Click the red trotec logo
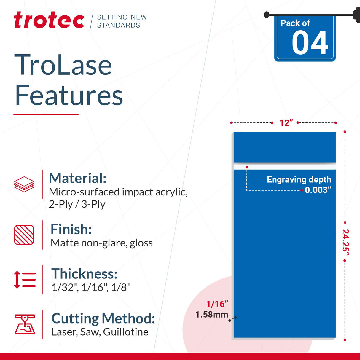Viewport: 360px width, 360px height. [49, 20]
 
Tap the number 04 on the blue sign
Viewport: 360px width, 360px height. [310, 43]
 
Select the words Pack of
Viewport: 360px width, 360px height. [295, 23]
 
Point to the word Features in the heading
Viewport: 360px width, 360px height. [69, 95]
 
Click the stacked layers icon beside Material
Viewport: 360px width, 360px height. [24, 184]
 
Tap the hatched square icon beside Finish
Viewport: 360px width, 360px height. [24, 235]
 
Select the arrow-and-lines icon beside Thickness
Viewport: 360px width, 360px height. [25, 280]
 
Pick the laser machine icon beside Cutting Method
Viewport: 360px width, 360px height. [25, 324]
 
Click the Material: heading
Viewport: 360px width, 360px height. [77, 178]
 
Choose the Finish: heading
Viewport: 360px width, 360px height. [71, 229]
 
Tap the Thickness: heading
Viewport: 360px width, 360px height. [85, 274]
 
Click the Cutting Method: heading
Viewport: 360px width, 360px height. [103, 318]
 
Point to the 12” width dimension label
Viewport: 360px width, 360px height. [286, 123]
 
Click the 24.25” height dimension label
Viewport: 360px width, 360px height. [345, 242]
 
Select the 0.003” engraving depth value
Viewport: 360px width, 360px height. [318, 190]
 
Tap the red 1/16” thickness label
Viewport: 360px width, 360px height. [217, 304]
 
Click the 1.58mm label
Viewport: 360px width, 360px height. [212, 315]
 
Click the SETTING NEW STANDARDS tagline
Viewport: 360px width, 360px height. [122, 21]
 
